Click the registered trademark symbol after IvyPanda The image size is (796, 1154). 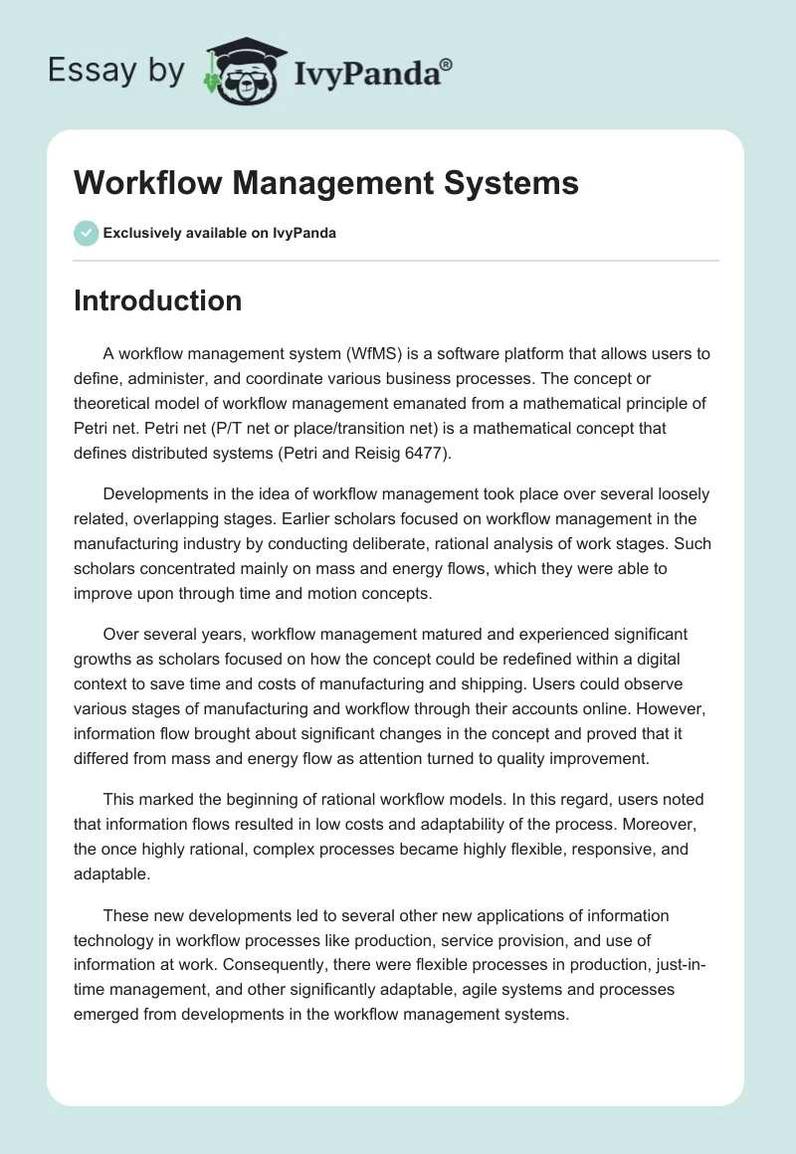click(447, 64)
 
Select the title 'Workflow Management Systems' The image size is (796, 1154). click(326, 184)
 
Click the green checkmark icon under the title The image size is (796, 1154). click(86, 233)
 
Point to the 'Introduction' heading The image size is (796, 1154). click(157, 300)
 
